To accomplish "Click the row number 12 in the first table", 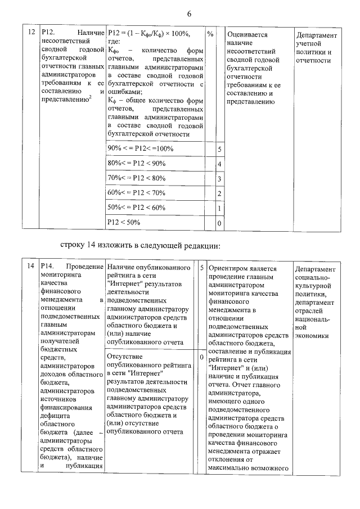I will pos(31,34).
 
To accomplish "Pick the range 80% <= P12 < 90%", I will pos(137,163).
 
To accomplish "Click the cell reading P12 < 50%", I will pos(124,222).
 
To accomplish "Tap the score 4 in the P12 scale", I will pos(219,164).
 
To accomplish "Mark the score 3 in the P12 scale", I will pos(219,179).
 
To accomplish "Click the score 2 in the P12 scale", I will pos(219,193).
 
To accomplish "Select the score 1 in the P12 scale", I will pos(219,208).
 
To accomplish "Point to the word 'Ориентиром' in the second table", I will pos(229,269).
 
